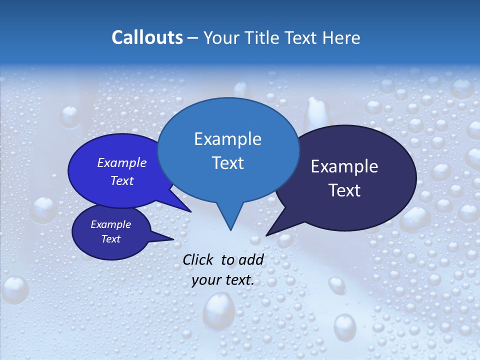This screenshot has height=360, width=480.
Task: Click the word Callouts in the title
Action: tap(147, 38)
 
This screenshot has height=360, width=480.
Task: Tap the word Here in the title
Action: tap(341, 38)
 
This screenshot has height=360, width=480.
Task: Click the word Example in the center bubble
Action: tap(227, 139)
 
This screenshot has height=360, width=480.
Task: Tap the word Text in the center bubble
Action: tap(227, 163)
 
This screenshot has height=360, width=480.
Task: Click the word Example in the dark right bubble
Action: tap(344, 166)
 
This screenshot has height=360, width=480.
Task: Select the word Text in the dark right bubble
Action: tap(344, 190)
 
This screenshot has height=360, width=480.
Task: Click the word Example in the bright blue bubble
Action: tap(122, 163)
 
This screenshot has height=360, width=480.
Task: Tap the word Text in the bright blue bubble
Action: tap(122, 181)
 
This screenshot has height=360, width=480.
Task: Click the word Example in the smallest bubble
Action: tap(110, 225)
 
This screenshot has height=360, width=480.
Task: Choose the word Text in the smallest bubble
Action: tap(110, 239)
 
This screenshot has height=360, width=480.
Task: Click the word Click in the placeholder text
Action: tap(198, 259)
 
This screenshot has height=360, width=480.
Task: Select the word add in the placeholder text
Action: tap(250, 259)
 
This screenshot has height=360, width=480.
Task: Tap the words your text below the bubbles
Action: tap(223, 280)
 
